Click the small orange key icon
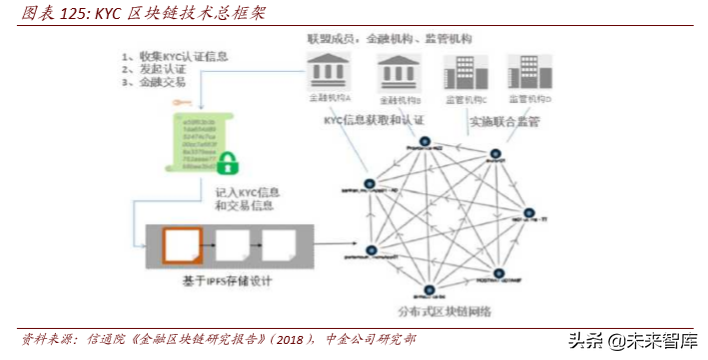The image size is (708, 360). pyautogui.click(x=181, y=102)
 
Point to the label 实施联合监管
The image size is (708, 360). pyautogui.click(x=507, y=120)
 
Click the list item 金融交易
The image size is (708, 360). pyautogui.click(x=159, y=85)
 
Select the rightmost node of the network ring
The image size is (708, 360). pyautogui.click(x=532, y=213)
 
